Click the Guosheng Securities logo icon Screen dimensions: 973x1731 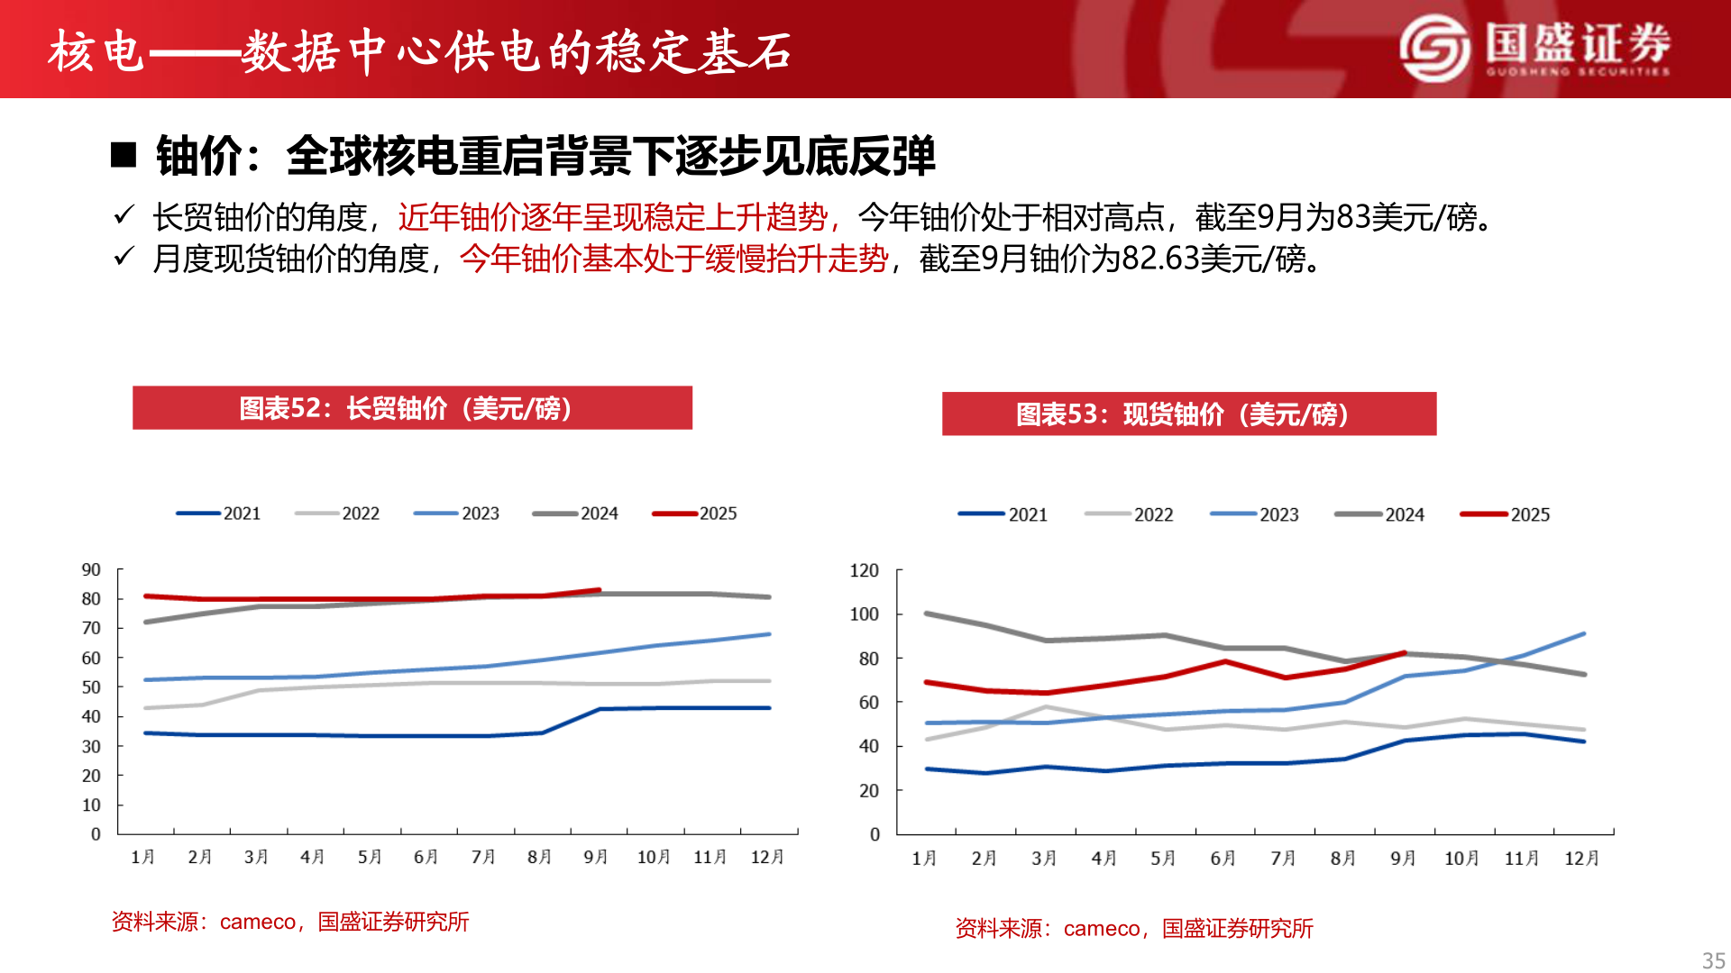point(1434,49)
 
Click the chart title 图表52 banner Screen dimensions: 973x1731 point(412,408)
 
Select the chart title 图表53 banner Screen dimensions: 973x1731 point(1188,414)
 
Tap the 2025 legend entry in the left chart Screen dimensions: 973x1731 point(695,514)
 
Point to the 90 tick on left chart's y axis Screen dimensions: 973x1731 point(91,570)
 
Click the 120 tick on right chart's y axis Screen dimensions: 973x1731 point(864,571)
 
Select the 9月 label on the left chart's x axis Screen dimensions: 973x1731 point(595,857)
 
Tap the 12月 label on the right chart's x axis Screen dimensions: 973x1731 point(1581,859)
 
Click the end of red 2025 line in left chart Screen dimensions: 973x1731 point(599,590)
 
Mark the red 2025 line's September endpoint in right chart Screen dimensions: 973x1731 point(1404,653)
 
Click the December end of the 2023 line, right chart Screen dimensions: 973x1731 point(1583,634)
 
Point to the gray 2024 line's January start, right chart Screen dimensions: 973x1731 point(928,614)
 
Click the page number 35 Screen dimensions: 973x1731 point(1713,960)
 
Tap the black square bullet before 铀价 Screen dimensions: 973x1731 point(124,156)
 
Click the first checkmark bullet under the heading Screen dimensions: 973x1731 point(124,216)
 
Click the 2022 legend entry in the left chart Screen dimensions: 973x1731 point(337,514)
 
